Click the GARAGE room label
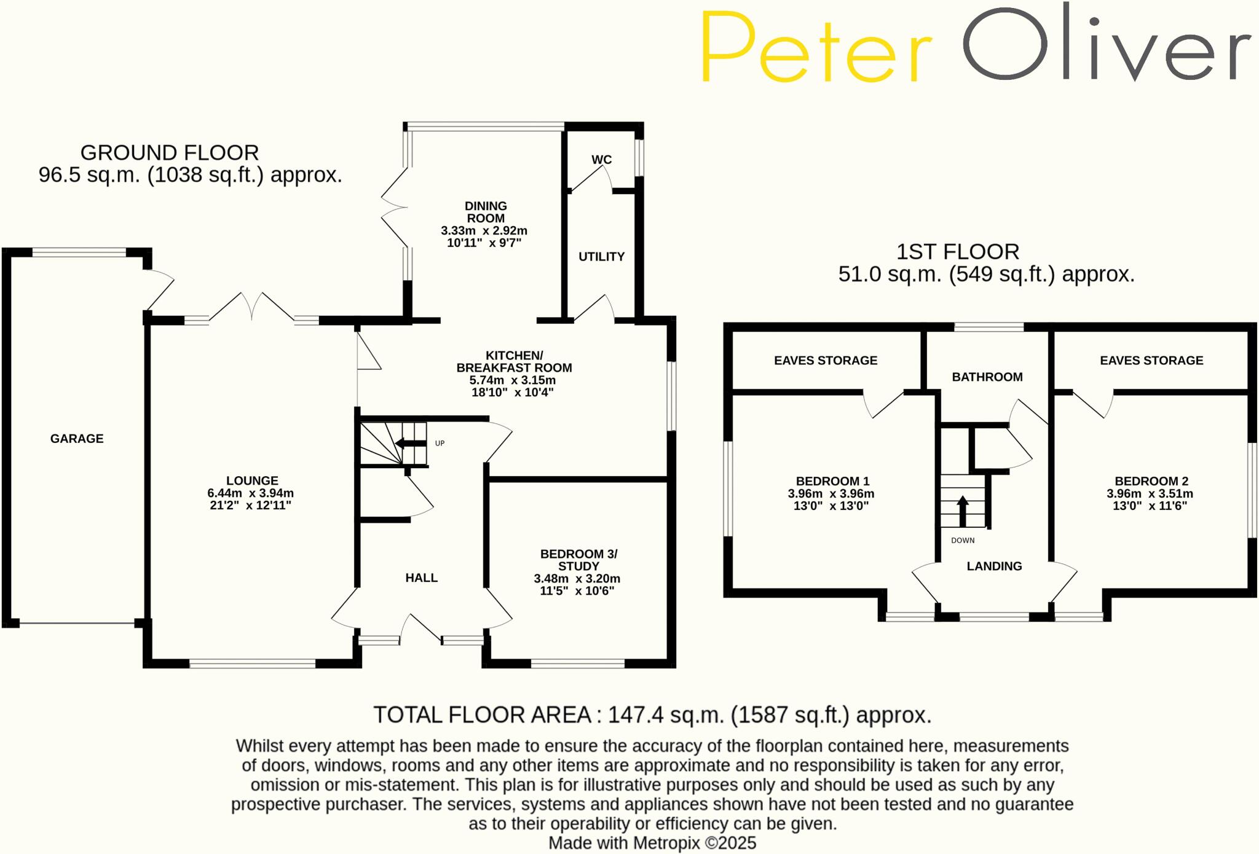[77, 439]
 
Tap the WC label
[601, 160]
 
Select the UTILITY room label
[601, 257]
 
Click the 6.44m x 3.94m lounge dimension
[251, 493]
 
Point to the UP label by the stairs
[440, 444]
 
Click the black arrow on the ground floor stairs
[411, 444]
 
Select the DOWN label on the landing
[963, 541]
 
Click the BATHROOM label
[987, 377]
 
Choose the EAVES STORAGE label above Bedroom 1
[826, 361]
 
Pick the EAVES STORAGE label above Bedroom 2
[1151, 361]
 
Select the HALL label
[422, 578]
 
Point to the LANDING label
[994, 566]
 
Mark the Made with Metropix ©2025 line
[652, 843]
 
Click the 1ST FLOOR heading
[958, 252]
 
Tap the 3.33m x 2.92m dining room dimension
[484, 231]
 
